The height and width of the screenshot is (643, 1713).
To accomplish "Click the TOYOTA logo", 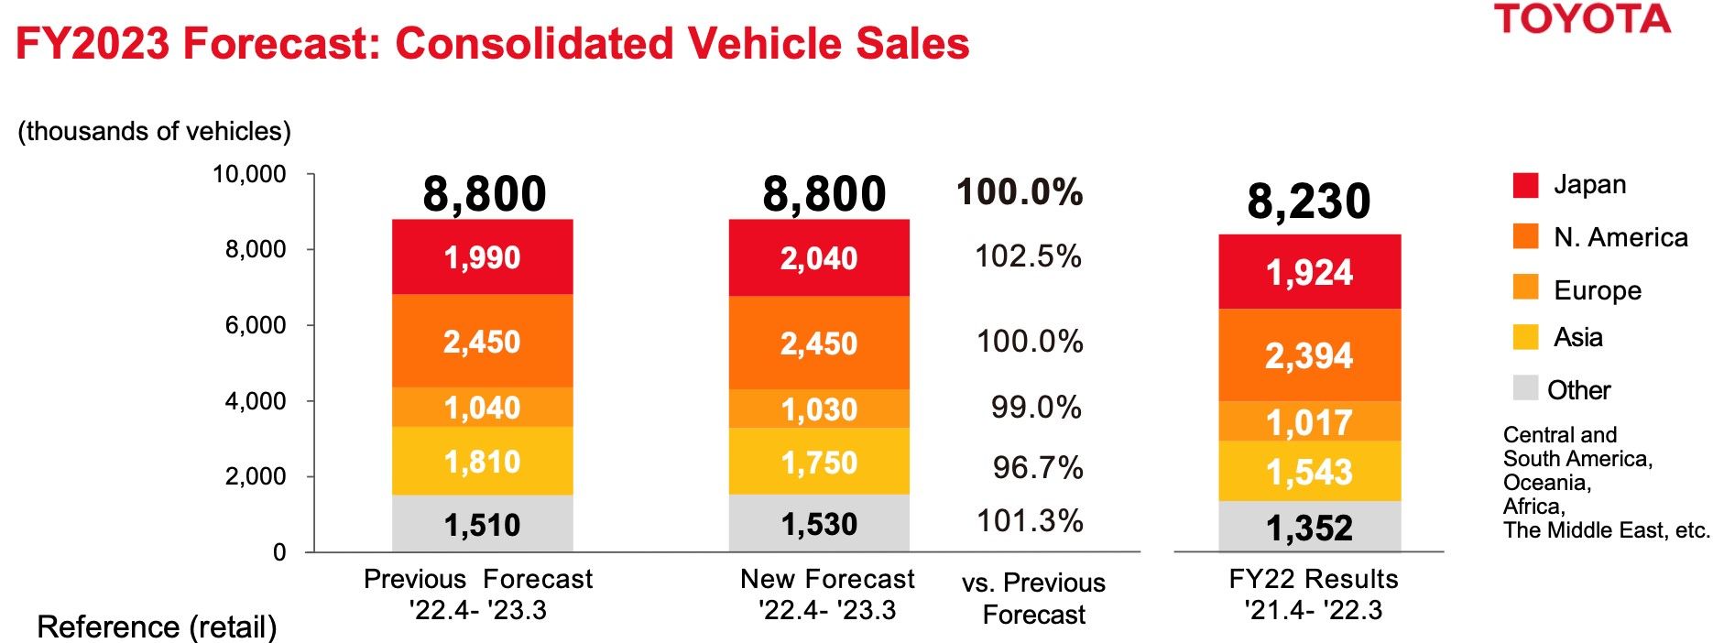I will pos(1583,19).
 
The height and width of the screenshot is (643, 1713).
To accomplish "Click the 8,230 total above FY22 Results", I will pos(1308,202).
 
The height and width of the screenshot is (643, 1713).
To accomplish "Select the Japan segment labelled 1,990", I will pos(482,257).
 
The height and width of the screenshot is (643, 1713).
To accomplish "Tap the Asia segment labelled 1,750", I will pos(819,463).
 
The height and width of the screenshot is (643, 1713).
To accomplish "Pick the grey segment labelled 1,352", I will pos(1309,528).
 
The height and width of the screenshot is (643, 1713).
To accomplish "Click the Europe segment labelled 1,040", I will pos(482,408).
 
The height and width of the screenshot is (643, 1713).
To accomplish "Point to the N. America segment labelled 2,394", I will pos(1309,355).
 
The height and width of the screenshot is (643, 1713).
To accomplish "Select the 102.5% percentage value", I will pos(1028,256).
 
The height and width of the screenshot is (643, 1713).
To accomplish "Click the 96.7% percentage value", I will pos(1038,468).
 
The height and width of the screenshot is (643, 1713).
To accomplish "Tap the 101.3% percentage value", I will pos(1030,521).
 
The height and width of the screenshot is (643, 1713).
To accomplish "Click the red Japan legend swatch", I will pos(1525,185).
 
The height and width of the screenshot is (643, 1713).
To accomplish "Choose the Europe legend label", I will pos(1598,290).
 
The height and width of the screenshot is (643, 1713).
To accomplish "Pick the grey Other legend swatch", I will pos(1525,387).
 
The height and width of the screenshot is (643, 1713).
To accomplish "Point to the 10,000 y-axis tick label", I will pos(249,174).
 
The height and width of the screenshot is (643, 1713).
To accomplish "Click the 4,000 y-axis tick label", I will pos(256,401).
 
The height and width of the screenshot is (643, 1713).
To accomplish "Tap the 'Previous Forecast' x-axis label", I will pos(477,580).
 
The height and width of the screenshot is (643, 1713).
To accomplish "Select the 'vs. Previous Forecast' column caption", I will pos(1033,598).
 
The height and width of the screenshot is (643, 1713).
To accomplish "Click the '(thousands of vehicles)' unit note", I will pos(154,132).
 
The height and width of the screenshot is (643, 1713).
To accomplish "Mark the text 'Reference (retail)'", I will pos(157,627).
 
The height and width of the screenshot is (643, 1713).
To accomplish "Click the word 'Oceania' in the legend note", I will pos(1545,483).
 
